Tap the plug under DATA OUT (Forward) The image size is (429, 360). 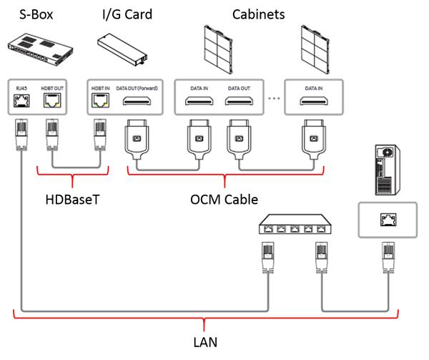136,140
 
